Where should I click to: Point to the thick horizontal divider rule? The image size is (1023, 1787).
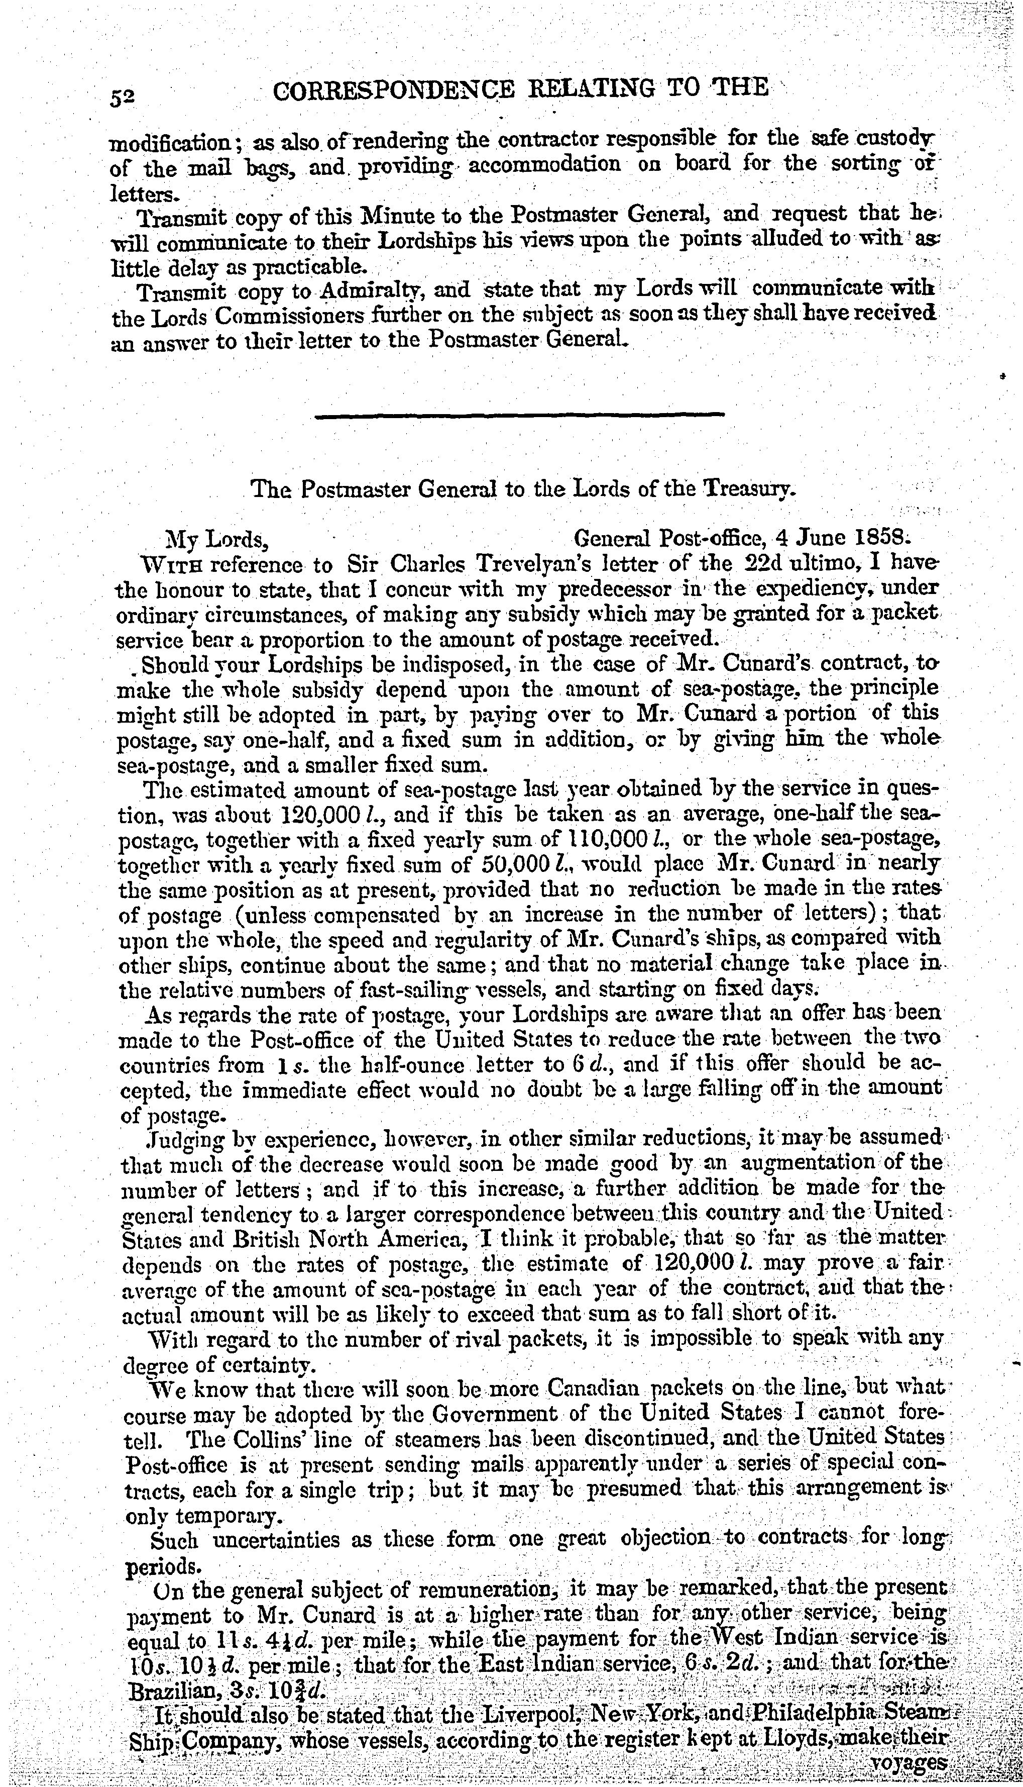click(x=519, y=416)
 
